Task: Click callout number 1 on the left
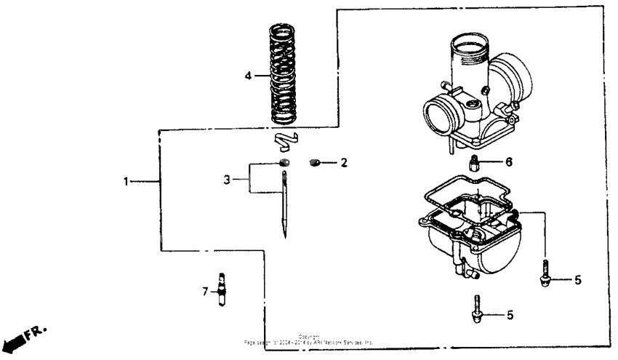tap(126, 181)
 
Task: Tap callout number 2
tap(345, 162)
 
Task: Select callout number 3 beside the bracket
tap(227, 178)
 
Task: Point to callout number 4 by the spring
tap(248, 75)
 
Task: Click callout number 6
tap(509, 161)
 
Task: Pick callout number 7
tap(206, 292)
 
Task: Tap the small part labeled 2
tap(316, 162)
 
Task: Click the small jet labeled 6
tap(473, 162)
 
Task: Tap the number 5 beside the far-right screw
tap(578, 279)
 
